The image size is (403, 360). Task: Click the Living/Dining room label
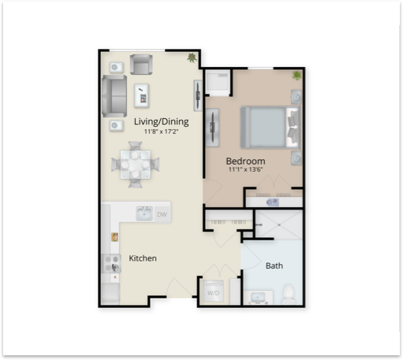pos(162,122)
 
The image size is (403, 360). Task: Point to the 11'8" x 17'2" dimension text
pos(161,132)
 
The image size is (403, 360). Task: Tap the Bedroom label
pos(245,161)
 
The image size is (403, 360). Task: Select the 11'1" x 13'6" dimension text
pos(245,169)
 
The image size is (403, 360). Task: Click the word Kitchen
pos(143,258)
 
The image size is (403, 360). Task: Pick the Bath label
pos(274,265)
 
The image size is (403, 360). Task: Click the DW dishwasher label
pos(162,214)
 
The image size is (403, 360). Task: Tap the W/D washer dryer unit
pos(214,291)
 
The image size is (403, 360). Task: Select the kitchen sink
pos(144,213)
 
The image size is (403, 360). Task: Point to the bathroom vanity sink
pos(258,298)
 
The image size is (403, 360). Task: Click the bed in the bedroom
pos(271,128)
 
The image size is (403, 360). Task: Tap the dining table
pos(136,165)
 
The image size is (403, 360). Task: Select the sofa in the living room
pos(114,96)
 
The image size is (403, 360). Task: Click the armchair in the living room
pos(141,65)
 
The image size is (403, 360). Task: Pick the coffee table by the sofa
pos(142,95)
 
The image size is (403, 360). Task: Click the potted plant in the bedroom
pos(297,76)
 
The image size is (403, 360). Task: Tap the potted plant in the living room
pos(192,58)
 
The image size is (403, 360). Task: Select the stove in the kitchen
pos(111,264)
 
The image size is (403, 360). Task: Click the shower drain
pos(279,225)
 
